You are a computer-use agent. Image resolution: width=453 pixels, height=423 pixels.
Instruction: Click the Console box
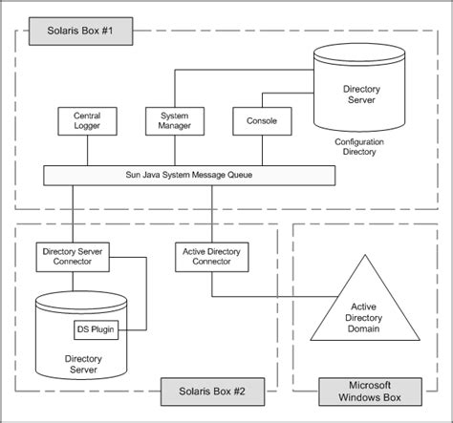pyautogui.click(x=255, y=121)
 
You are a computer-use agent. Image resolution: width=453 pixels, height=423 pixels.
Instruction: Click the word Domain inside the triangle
pyautogui.click(x=364, y=329)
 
